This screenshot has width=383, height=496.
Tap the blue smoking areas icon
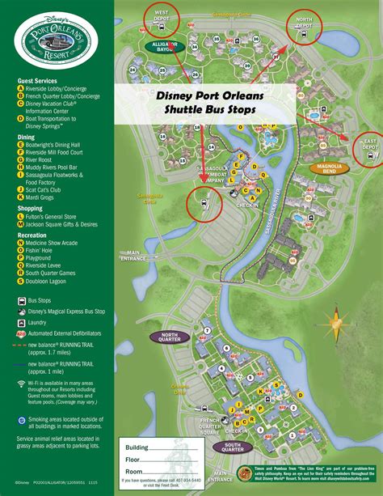[22, 420]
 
